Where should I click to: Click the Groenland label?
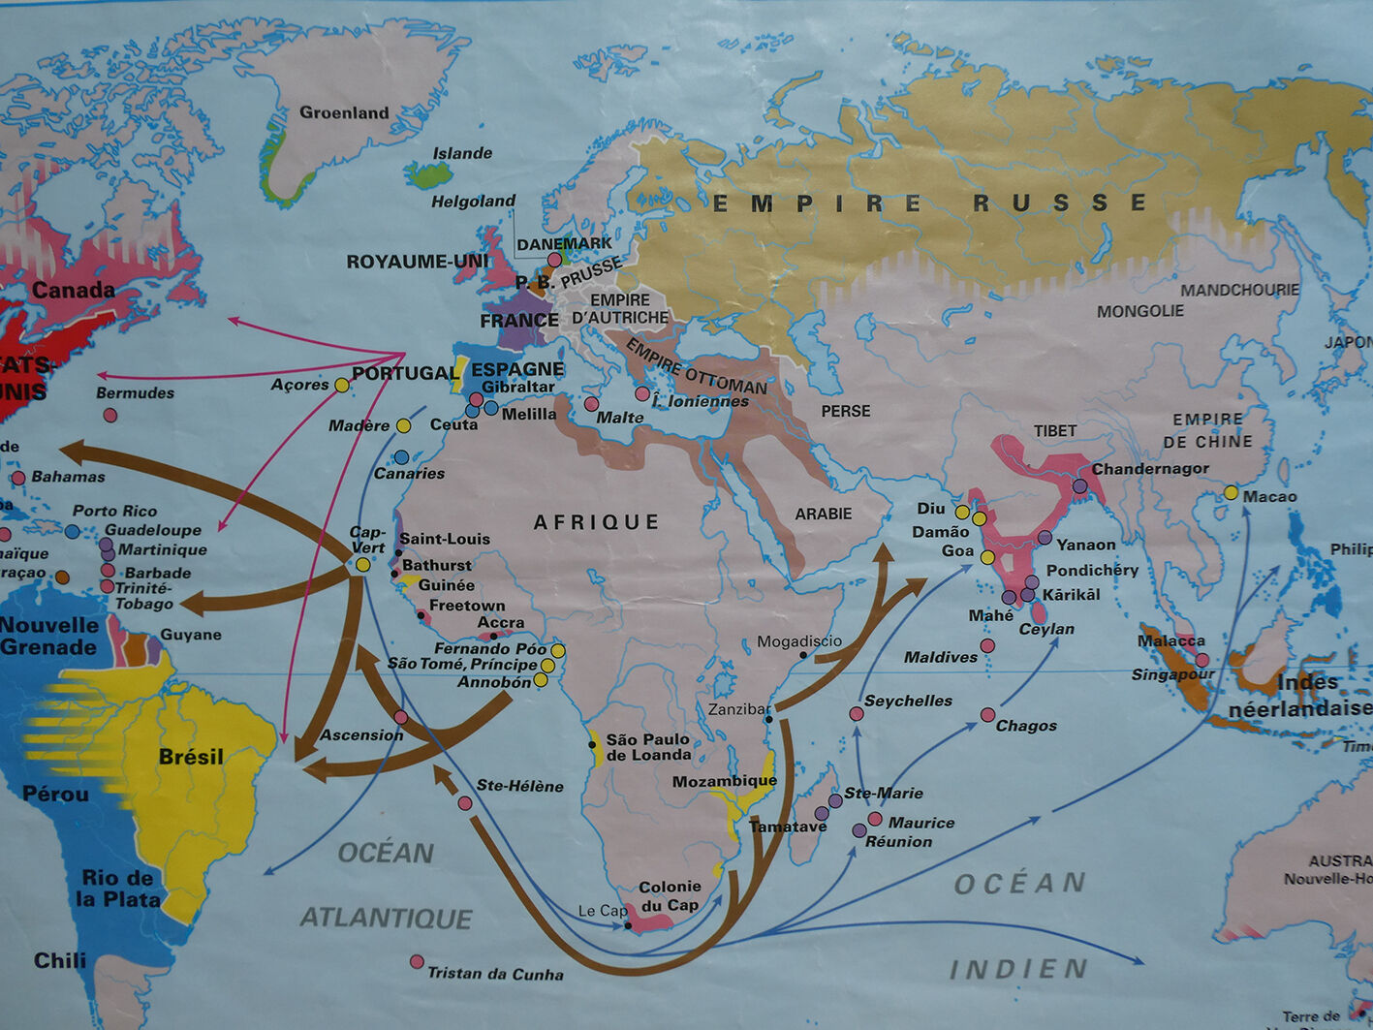344,112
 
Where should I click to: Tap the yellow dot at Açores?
341,386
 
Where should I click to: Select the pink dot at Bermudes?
110,415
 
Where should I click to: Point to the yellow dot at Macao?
1231,492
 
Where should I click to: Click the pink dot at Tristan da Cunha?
417,962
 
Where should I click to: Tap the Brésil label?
191,757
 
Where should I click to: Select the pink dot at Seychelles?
857,714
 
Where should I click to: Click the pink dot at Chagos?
987,715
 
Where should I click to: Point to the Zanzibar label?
738,709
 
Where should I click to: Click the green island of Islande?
428,175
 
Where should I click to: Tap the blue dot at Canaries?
402,457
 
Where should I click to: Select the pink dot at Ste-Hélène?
465,803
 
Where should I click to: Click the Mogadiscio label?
799,641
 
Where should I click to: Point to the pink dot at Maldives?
987,645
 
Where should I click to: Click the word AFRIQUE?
596,522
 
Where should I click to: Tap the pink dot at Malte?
591,404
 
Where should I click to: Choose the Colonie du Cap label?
670,895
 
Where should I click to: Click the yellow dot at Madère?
404,425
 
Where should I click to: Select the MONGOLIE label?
1139,311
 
